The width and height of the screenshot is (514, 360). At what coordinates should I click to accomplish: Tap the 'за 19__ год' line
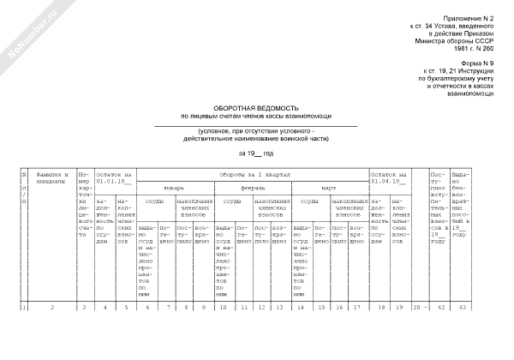(x=255, y=152)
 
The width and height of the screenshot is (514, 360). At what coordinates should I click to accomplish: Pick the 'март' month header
(x=328, y=187)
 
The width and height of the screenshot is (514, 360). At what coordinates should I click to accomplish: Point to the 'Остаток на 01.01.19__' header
(x=115, y=177)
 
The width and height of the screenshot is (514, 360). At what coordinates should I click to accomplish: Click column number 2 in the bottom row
(x=51, y=305)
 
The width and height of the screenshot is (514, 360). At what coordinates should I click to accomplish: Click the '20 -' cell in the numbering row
(x=417, y=305)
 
